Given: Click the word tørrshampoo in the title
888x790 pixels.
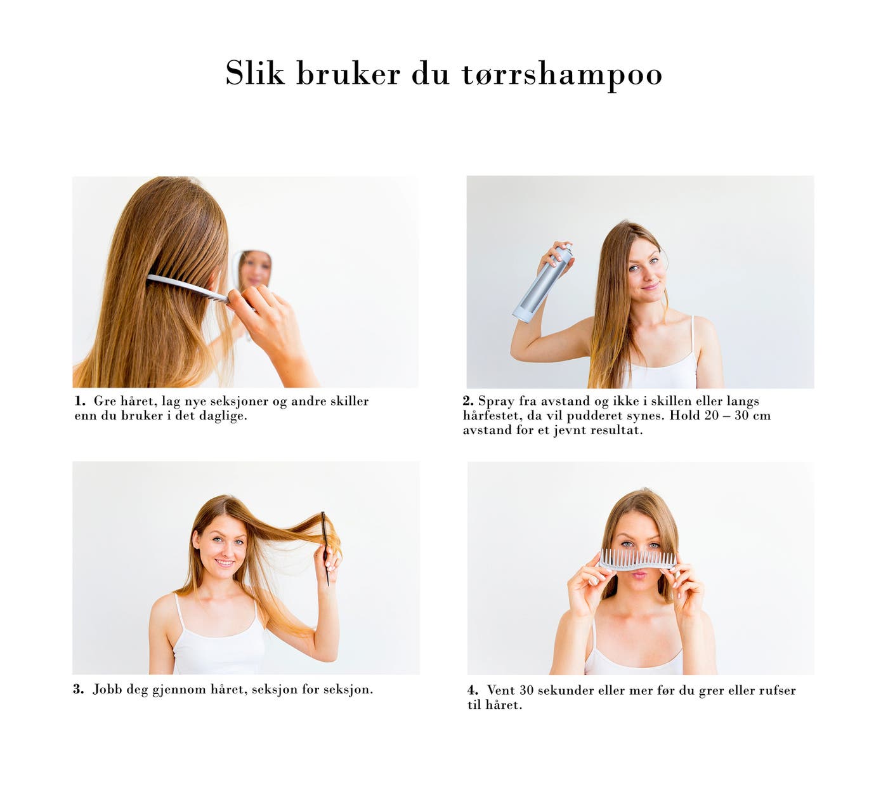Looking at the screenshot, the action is point(561,74).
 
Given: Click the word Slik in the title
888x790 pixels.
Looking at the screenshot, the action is point(254,72).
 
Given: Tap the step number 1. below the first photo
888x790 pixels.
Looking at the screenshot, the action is point(80,400).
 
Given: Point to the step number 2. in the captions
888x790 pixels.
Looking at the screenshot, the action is point(468,400).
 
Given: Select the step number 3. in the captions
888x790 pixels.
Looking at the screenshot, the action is point(79,689).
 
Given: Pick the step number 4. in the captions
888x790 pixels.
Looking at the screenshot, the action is point(473,690).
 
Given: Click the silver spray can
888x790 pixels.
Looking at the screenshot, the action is point(544,284).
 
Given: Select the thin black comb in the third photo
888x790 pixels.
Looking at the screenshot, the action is point(325,548).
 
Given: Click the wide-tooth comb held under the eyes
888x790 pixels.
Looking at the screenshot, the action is point(637,560).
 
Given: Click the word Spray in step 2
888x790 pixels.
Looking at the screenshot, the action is point(496,402).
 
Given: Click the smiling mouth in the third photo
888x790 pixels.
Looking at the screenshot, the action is point(225,562).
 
